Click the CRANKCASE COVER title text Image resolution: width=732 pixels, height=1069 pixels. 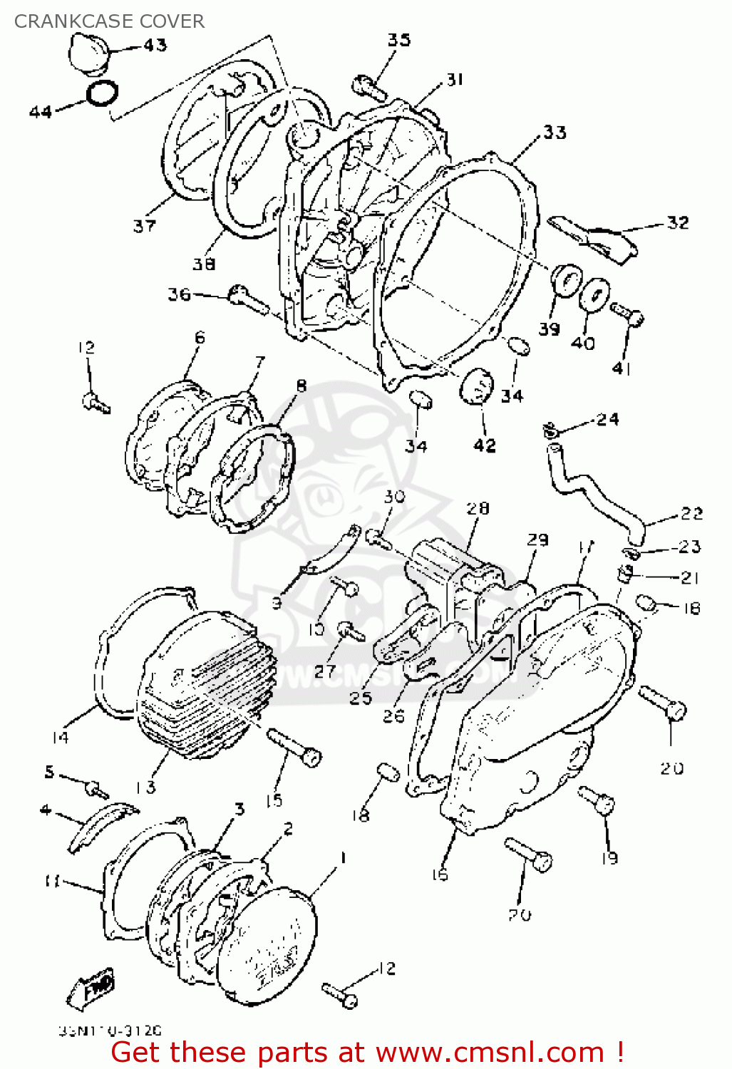click(109, 21)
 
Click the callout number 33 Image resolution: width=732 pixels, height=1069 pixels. click(555, 132)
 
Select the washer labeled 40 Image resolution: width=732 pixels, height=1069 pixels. click(593, 294)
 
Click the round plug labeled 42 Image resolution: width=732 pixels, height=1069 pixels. click(477, 386)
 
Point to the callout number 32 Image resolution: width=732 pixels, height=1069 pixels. click(677, 222)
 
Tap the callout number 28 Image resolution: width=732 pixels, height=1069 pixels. click(478, 507)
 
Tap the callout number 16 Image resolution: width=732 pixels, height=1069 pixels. click(440, 874)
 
